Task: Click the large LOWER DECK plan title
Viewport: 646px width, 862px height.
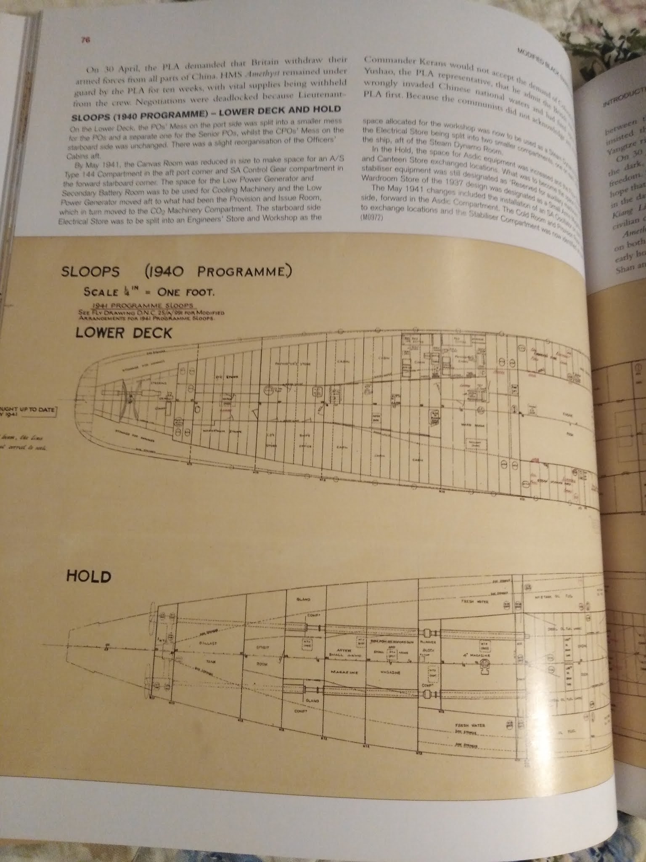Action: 124,333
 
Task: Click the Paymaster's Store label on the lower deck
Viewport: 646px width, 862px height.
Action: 287,364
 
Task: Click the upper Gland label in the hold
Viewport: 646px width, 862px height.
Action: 303,599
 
